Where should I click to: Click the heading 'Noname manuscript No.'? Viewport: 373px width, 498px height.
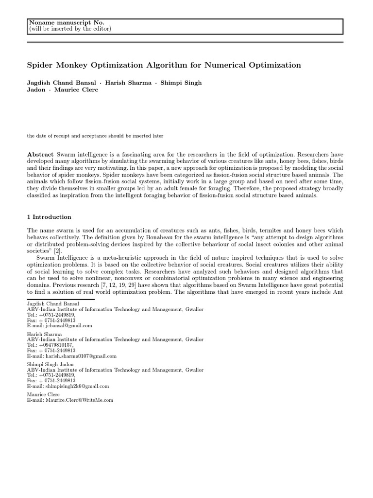(67, 22)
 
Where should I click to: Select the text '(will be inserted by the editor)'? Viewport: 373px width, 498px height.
(70, 29)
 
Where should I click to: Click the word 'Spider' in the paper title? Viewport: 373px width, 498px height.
(41, 65)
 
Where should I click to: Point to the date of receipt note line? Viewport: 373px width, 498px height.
(95, 136)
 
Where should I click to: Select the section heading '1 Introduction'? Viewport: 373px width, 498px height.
(49, 217)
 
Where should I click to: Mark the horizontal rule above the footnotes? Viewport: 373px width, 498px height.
(67, 300)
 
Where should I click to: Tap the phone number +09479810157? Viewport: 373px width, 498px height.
(55, 345)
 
